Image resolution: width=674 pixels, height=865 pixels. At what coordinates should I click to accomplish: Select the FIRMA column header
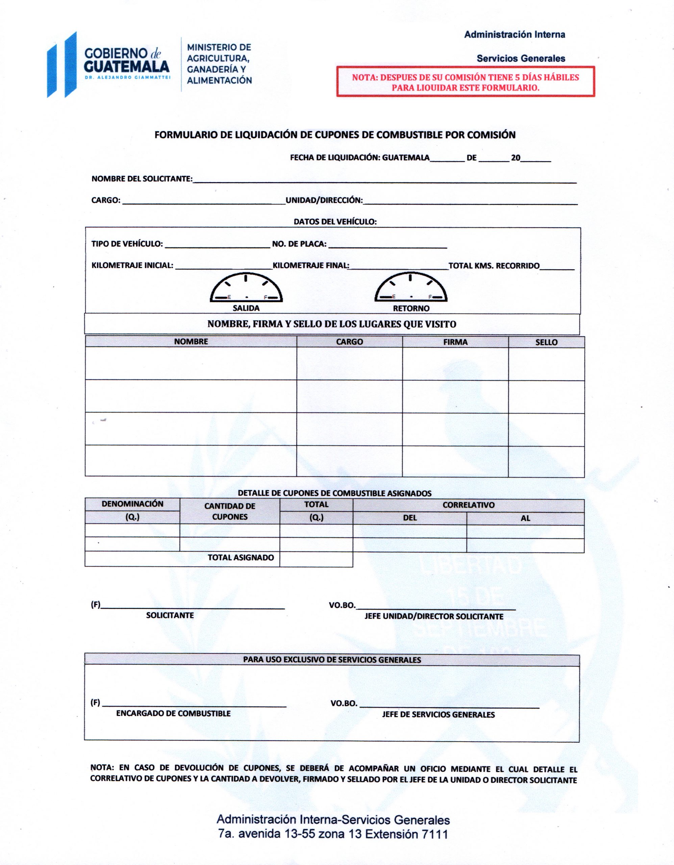click(455, 342)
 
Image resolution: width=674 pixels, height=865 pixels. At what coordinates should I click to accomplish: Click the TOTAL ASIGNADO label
click(241, 558)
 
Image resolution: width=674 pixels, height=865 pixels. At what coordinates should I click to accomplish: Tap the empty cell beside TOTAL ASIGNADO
click(316, 559)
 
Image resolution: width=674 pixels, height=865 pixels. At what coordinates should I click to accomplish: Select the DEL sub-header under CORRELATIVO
click(409, 518)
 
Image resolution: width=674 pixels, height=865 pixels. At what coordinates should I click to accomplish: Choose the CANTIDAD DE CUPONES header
click(230, 511)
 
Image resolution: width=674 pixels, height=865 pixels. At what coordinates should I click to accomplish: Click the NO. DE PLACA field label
click(299, 244)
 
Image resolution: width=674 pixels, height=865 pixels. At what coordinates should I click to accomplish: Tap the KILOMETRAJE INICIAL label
click(132, 265)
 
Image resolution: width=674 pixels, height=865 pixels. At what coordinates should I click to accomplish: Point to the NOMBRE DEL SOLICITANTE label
click(142, 179)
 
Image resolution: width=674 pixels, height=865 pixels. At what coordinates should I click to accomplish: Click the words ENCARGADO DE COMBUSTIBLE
click(173, 714)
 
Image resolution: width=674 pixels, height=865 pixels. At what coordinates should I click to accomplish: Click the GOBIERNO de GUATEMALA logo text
click(127, 59)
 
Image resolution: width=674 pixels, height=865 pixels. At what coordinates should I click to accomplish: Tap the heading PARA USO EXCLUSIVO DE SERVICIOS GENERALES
click(332, 660)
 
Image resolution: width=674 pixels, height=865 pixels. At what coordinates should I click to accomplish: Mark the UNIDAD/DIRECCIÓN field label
click(324, 200)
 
